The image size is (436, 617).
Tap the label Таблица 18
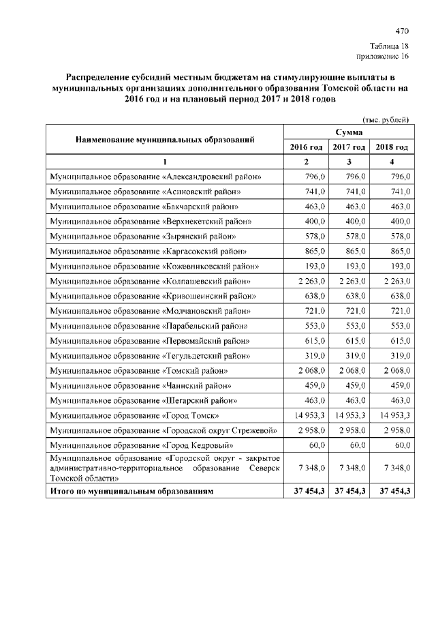[390, 45]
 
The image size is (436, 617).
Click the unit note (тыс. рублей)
[386, 120]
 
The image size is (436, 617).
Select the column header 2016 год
[306, 147]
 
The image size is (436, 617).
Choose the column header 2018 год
[392, 147]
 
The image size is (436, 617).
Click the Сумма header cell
[348, 132]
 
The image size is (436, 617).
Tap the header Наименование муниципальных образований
[165, 139]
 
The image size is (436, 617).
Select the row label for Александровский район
[156, 177]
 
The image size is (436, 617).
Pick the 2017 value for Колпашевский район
[348, 281]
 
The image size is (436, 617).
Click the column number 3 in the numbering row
[348, 162]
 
